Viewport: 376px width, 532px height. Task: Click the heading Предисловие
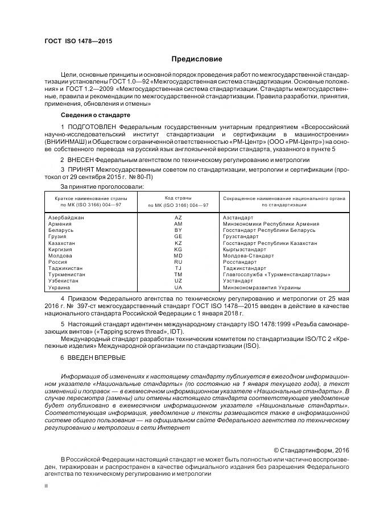pos(197,59)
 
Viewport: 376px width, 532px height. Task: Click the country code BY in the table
pos(178,230)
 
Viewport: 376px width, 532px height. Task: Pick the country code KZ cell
pos(178,243)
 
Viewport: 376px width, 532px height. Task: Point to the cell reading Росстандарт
pos(239,262)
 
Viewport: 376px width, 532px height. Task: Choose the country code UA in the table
pos(178,287)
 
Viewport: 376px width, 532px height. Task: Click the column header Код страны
pos(178,197)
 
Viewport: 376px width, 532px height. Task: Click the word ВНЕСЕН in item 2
pos(82,160)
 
